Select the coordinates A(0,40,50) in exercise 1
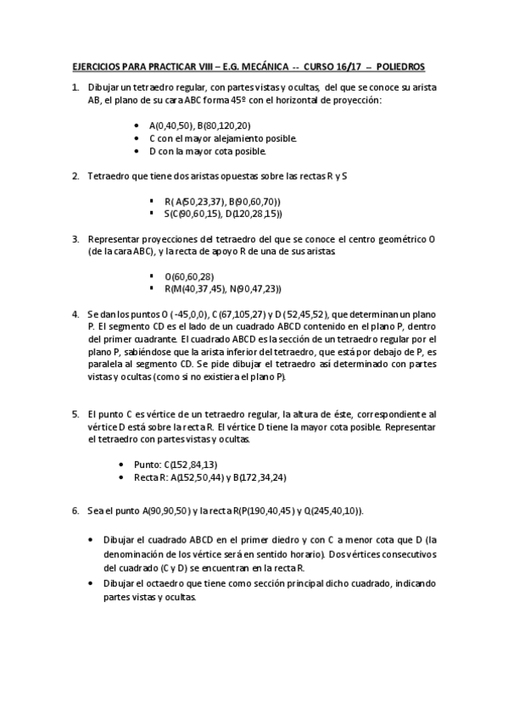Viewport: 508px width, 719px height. click(x=171, y=125)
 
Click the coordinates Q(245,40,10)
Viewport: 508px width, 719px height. click(x=323, y=511)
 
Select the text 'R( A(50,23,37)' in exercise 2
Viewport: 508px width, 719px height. click(x=185, y=201)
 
